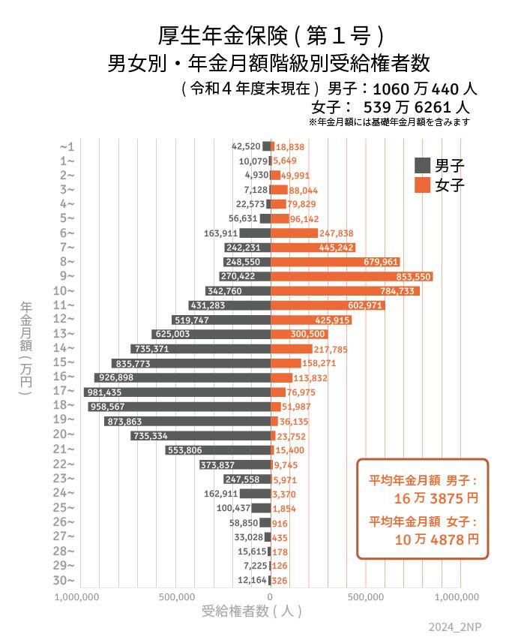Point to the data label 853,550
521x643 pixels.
(412, 276)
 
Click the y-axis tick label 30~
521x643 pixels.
(66, 580)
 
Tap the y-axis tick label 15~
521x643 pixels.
(66, 362)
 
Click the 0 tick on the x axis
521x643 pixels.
(270, 597)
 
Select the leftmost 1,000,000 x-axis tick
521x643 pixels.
(77, 597)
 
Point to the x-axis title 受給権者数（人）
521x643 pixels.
(253, 611)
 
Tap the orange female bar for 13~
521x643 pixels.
(298, 334)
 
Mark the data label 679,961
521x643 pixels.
(382, 262)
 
